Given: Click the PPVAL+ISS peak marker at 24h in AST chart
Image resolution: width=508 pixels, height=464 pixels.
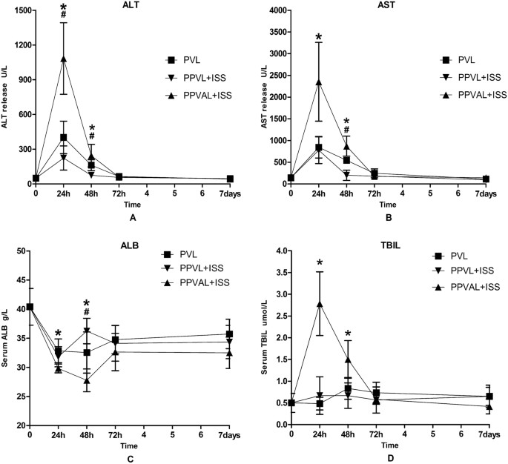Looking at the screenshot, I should pos(318,82).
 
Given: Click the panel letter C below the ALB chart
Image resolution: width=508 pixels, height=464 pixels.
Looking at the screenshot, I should pos(131,454).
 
